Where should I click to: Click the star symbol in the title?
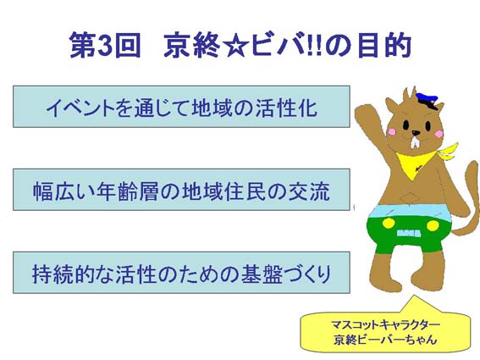click(235, 47)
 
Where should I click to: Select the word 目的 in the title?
click(383, 46)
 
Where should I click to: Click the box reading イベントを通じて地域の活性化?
click(181, 107)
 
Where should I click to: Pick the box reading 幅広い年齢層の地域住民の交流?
click(181, 190)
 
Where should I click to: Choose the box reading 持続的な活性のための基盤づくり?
click(181, 273)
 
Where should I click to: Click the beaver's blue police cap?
click(427, 100)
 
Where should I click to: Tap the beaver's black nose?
click(416, 133)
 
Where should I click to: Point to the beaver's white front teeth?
click(416, 142)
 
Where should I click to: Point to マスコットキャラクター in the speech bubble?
click(385, 324)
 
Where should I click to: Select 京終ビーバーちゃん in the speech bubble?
click(385, 339)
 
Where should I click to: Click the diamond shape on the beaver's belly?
click(409, 198)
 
